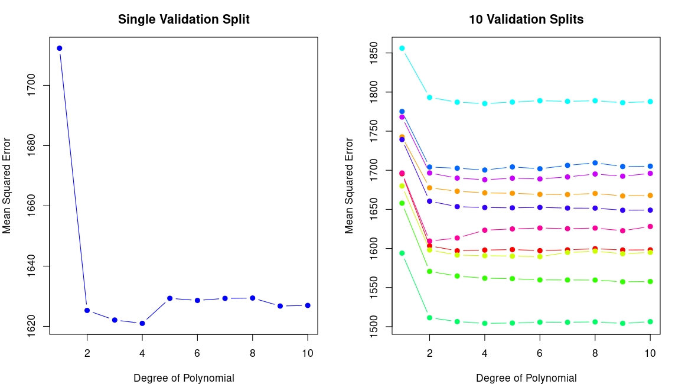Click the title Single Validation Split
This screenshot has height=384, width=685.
pos(184,19)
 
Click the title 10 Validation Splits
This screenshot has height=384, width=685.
pos(526,19)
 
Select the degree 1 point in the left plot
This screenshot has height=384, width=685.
pos(60,48)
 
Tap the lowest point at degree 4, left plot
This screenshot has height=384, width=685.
pos(142,323)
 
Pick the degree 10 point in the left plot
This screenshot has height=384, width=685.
pos(308,305)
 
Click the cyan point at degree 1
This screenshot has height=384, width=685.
pos(402,48)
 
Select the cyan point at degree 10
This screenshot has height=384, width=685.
pos(650,102)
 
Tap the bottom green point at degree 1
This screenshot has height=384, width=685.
pos(402,253)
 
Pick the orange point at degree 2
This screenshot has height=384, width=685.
pos(430,188)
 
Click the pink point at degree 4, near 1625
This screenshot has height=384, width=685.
pos(485,230)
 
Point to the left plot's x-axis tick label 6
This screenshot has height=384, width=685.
pos(197,353)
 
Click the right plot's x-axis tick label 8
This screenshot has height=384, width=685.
pos(595,353)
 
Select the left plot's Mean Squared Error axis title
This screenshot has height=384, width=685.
pos(7,186)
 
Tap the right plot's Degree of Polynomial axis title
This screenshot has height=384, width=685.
pos(526,378)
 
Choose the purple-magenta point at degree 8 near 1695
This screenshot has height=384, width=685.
pos(595,174)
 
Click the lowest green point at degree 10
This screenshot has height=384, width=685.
pos(650,321)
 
